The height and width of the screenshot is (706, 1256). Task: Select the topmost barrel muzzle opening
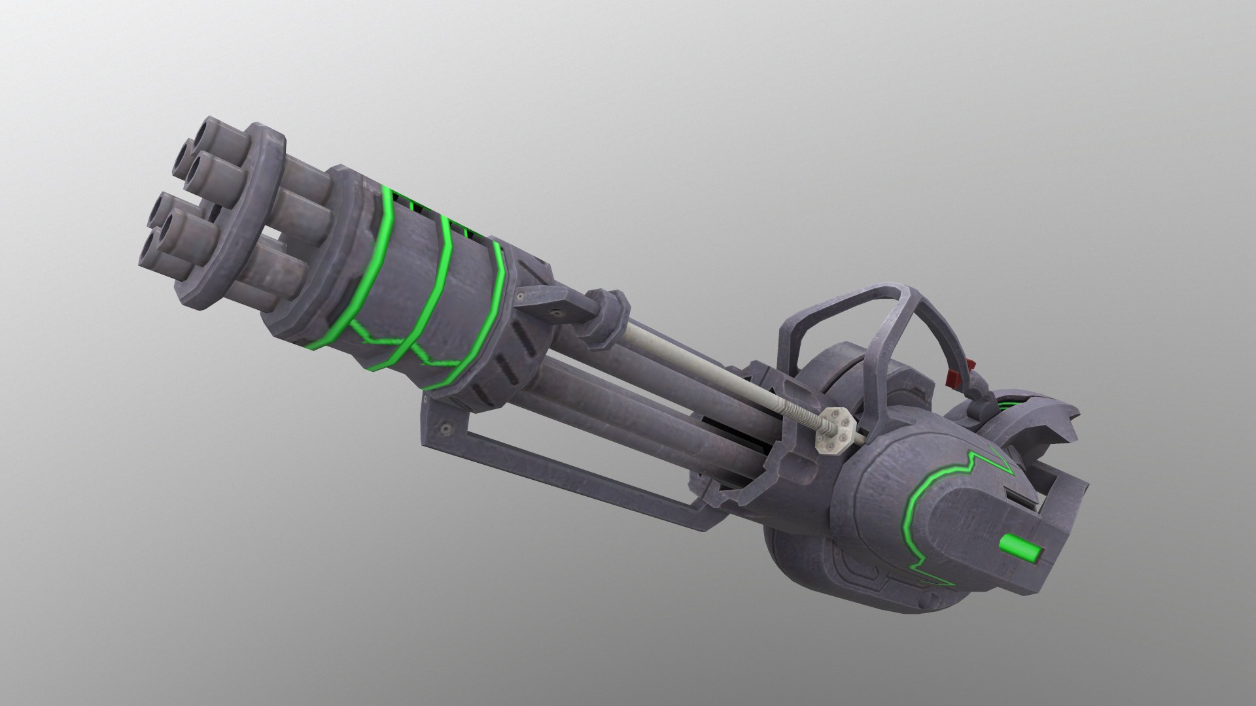click(214, 130)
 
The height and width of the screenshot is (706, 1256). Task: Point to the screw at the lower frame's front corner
click(446, 428)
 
